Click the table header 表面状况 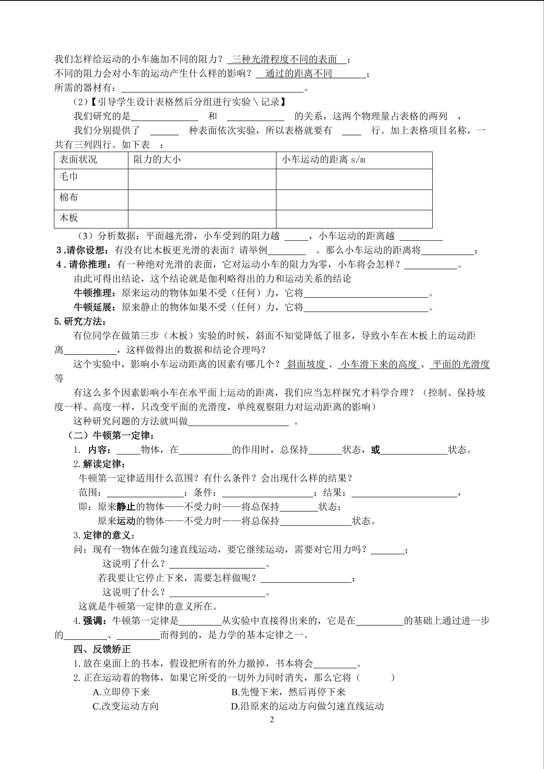pyautogui.click(x=78, y=159)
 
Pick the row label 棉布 pyautogui.click(x=69, y=197)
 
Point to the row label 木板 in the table pyautogui.click(x=69, y=218)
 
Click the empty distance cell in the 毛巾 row pyautogui.click(x=354, y=179)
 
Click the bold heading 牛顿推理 pyautogui.click(x=93, y=293)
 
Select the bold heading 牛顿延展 pyautogui.click(x=93, y=307)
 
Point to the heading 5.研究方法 pyautogui.click(x=80, y=322)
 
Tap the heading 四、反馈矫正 pyautogui.click(x=102, y=649)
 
